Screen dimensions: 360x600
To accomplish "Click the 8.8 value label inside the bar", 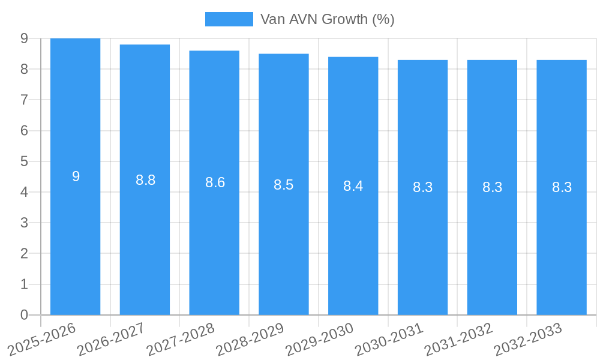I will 145,180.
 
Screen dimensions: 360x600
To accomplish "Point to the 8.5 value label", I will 283,185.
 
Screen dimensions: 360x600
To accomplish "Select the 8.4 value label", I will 353,186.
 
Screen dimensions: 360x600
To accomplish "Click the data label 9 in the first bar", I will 76,176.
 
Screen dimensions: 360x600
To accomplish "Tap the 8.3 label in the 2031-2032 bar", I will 492,187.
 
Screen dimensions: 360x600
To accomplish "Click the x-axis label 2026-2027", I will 111,339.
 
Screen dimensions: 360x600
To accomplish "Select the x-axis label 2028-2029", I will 250,339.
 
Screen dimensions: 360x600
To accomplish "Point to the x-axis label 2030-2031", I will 389,339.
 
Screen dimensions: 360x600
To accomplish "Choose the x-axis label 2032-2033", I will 528,339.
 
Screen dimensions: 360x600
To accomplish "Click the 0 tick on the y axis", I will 24,315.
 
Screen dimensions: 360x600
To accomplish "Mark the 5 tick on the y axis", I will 24,161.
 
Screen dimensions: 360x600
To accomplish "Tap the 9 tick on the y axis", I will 24,38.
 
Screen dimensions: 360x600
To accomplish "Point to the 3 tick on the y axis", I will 24,223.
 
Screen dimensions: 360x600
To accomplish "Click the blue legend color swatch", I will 229,19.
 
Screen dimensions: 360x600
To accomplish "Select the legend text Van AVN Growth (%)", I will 327,19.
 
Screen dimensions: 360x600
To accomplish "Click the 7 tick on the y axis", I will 24,100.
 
